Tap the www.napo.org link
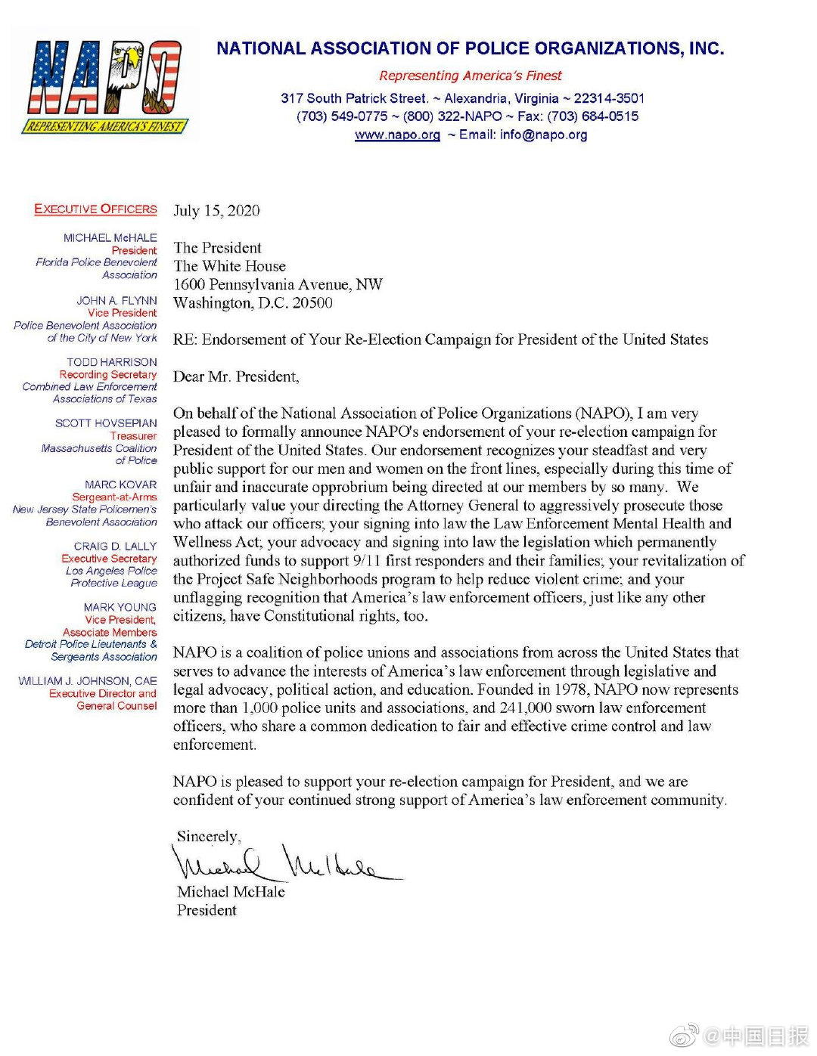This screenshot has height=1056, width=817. (x=397, y=135)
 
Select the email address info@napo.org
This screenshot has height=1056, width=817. (x=543, y=135)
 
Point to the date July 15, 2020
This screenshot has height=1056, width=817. (x=216, y=211)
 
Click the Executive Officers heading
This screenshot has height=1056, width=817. (x=95, y=209)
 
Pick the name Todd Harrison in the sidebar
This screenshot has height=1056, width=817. (x=112, y=363)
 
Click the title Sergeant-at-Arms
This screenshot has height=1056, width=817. (x=114, y=497)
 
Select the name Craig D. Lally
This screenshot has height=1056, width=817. (x=115, y=547)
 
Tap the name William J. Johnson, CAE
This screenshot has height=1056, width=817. (x=88, y=681)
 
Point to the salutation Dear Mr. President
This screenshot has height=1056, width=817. (x=236, y=376)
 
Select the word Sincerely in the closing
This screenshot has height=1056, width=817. (x=208, y=837)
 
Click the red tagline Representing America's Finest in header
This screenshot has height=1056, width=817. (x=471, y=76)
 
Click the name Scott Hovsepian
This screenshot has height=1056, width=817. (x=106, y=423)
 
